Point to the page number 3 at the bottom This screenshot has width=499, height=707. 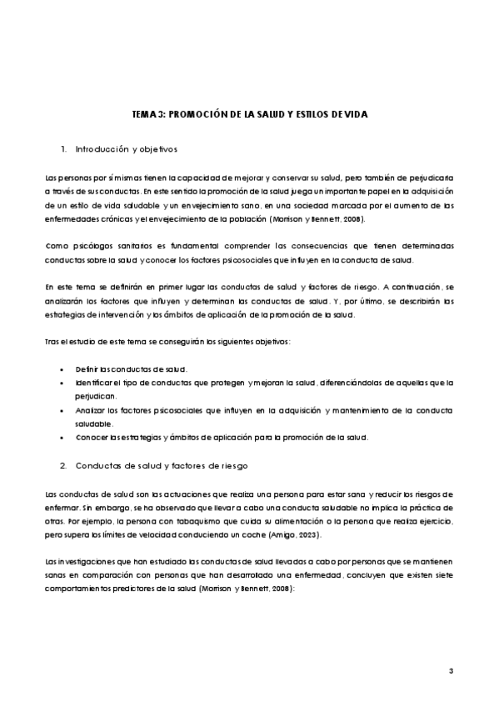click(451, 671)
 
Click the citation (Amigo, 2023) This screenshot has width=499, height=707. click(302, 534)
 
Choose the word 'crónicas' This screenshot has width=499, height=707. click(113, 219)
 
